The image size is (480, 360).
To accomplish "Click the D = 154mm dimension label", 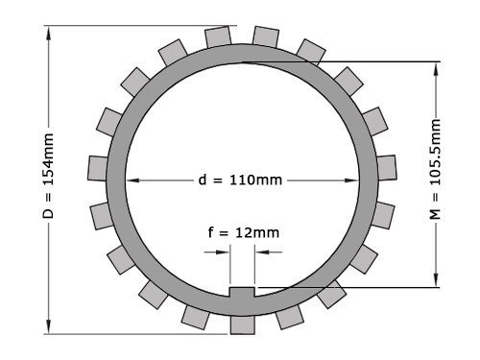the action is pos(48,177).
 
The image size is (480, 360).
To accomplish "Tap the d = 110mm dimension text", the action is pos(240,180).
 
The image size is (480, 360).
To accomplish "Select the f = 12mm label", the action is pos(244,232).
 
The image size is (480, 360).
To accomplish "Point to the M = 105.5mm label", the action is pos(435,169).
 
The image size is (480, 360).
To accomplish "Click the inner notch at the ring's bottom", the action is pos(242,292).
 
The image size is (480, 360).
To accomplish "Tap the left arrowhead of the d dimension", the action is pos(132,180).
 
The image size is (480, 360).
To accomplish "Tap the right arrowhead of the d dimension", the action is pos(351,180).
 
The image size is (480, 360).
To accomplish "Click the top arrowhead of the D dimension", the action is pos(49,33).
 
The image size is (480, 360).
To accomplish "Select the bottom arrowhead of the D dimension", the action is pos(49,326).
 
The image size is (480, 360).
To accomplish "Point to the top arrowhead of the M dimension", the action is pos(436,69).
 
